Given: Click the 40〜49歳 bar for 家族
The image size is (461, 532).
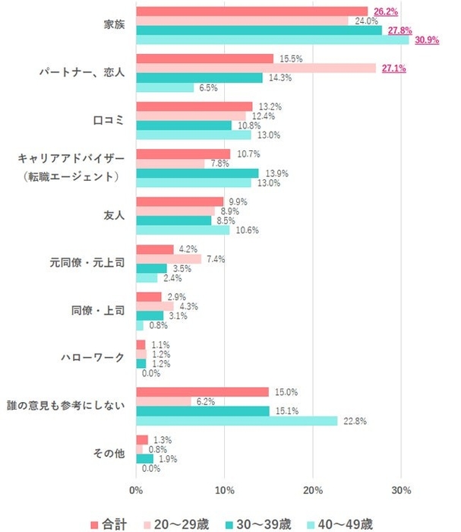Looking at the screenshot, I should (x=272, y=40).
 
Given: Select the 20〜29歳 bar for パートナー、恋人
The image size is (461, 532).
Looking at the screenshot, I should (x=256, y=68).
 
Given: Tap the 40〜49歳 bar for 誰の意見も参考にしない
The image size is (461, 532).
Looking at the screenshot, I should (x=236, y=421).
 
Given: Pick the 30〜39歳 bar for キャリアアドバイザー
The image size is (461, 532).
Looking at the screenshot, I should (x=197, y=173).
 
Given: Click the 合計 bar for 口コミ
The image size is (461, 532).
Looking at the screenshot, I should (x=194, y=106).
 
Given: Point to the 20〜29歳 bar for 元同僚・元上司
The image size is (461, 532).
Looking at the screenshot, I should (x=169, y=259).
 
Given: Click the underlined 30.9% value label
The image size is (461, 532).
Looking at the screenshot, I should (x=426, y=40).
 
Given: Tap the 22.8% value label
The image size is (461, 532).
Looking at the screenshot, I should (x=352, y=421).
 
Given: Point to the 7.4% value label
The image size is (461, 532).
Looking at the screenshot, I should (x=215, y=259).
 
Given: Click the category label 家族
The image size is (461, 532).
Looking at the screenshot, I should (x=114, y=25).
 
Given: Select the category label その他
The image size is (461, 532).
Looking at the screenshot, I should (x=109, y=454).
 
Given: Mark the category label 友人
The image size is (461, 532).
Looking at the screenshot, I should (x=114, y=216).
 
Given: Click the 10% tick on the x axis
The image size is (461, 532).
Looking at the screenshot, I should (x=224, y=490).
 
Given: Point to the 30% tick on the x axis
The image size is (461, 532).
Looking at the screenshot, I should (x=401, y=490).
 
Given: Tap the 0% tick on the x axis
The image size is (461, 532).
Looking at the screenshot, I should (x=137, y=490).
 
